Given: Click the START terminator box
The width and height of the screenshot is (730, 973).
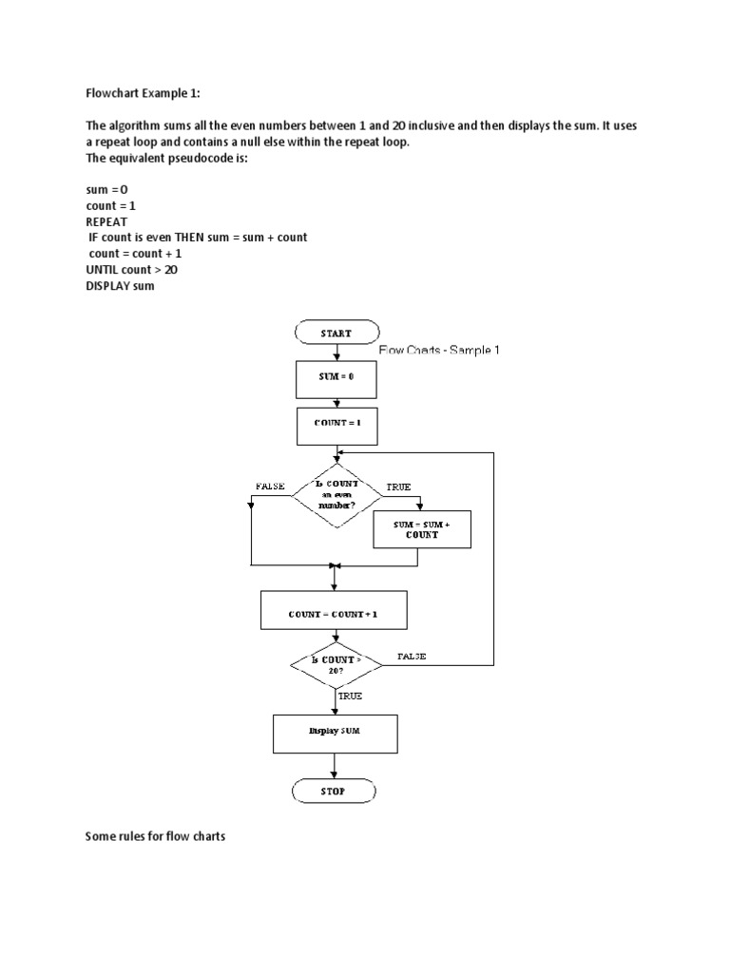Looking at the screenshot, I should [336, 334].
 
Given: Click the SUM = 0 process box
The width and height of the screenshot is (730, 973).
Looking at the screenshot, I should [336, 377].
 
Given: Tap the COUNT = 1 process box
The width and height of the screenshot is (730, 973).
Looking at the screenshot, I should [336, 423].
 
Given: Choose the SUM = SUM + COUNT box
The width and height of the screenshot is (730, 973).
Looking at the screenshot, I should [422, 529].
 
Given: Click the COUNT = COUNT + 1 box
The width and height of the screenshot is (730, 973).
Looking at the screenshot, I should [334, 615].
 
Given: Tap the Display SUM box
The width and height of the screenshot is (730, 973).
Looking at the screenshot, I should [334, 732].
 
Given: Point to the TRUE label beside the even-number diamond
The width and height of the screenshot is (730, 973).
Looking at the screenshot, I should [397, 486].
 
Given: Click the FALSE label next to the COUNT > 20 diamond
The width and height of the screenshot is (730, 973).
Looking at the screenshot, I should [412, 656].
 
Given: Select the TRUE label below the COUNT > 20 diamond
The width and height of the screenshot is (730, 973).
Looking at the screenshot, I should [349, 696].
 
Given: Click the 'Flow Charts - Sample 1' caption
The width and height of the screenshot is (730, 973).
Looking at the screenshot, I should [438, 351].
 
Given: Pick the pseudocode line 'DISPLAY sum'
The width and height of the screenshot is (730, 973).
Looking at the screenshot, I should [120, 286].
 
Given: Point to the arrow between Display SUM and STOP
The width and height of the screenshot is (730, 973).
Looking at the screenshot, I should [334, 765].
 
